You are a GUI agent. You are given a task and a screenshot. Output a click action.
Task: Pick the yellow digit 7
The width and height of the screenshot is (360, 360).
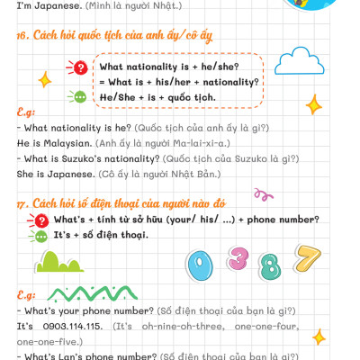pos(309,258)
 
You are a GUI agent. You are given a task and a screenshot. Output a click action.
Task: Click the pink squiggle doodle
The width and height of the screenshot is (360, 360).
pos(263,193)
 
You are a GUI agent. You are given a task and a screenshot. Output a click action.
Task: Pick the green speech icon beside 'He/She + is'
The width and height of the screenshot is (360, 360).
pos(80,96)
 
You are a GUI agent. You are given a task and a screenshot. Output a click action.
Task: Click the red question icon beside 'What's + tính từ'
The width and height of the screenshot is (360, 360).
pos(40,219)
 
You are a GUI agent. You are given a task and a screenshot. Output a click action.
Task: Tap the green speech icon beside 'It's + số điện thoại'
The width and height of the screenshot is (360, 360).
pos(40,235)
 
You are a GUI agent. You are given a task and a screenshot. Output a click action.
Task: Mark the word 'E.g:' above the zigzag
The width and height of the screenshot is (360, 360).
pos(26,294)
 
